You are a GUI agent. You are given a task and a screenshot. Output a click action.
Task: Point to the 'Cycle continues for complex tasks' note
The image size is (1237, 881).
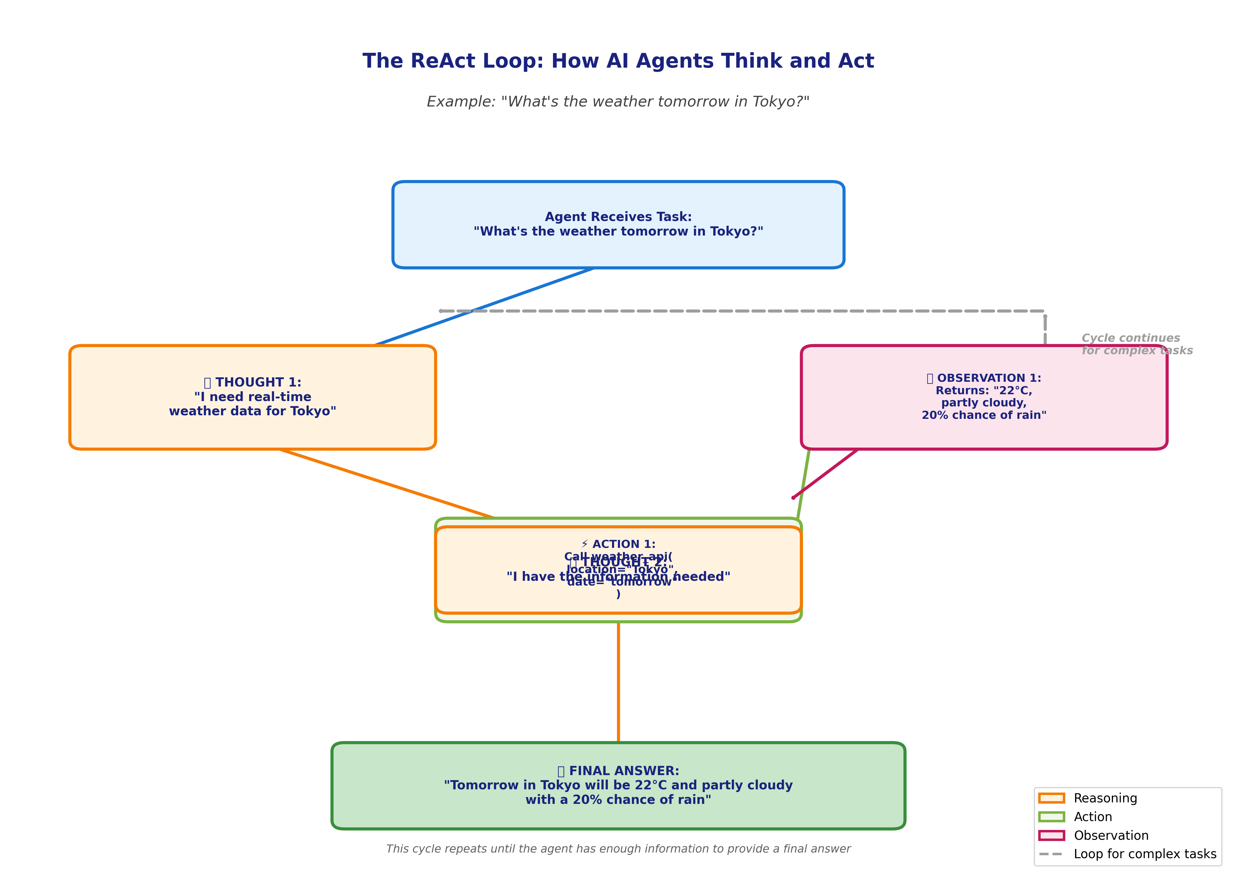1137,344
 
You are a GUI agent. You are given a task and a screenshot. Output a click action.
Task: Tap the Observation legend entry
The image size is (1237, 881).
1111,835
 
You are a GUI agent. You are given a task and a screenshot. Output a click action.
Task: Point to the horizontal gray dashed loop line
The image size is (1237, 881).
760,311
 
